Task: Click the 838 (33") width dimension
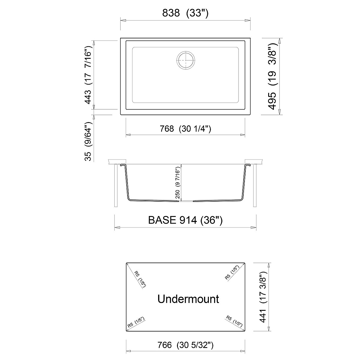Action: tap(185, 13)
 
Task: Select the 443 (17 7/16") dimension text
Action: tap(88, 75)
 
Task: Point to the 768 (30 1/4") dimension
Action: tap(185, 129)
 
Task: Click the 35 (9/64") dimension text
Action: tap(88, 141)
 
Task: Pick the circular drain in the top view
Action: tap(186, 60)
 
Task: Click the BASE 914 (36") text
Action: tap(185, 220)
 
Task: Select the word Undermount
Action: tap(188, 299)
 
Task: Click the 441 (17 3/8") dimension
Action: tap(263, 297)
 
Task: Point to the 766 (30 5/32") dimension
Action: tap(185, 345)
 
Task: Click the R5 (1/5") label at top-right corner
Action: tap(232, 272)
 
